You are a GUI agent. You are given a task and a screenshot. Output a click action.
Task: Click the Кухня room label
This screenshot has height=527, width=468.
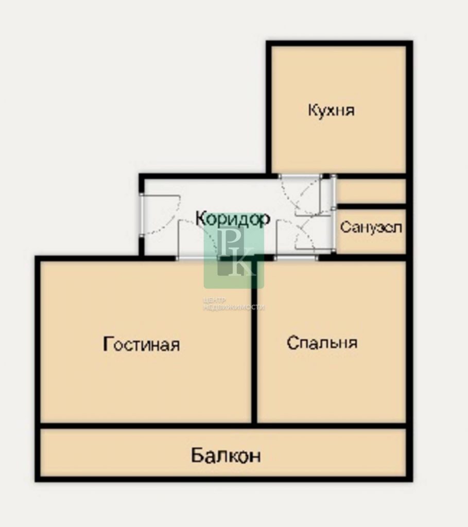331,110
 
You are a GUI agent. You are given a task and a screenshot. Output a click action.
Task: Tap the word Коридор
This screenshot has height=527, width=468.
233,218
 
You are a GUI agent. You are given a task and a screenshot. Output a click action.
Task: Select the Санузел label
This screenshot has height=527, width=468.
371,227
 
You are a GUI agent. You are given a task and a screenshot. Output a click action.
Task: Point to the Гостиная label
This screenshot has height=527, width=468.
141,344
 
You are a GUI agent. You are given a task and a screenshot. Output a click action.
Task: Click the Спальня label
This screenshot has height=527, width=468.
322,343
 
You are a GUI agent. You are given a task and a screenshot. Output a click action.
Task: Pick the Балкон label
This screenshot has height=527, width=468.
226,455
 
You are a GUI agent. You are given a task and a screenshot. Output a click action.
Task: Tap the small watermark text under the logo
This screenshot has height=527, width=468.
234,304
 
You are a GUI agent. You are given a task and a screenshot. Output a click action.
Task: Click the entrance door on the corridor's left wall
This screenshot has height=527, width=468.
142,215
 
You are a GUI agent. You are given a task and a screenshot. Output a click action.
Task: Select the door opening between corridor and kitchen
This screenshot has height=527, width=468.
300,176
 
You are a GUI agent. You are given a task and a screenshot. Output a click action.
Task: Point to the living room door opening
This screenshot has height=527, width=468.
198,258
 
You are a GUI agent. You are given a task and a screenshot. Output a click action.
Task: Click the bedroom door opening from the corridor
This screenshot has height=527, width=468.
296,258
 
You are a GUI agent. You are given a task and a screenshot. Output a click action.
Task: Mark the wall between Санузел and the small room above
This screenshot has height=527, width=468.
372,206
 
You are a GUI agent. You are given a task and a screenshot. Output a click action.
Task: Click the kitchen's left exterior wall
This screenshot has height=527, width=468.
269,108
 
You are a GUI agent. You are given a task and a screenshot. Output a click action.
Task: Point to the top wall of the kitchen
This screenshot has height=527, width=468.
339,43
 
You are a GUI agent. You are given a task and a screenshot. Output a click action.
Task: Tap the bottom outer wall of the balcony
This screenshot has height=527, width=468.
223,479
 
